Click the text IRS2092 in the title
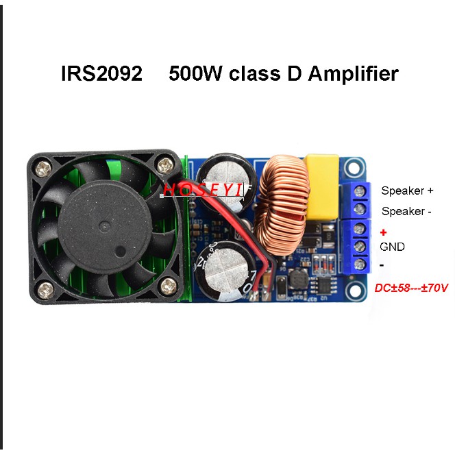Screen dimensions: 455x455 [101, 73]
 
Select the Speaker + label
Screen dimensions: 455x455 [407, 190]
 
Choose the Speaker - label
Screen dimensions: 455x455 [406, 211]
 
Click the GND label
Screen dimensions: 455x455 [392, 247]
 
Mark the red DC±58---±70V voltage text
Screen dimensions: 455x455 [411, 288]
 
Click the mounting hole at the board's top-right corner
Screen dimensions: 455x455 [352, 167]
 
